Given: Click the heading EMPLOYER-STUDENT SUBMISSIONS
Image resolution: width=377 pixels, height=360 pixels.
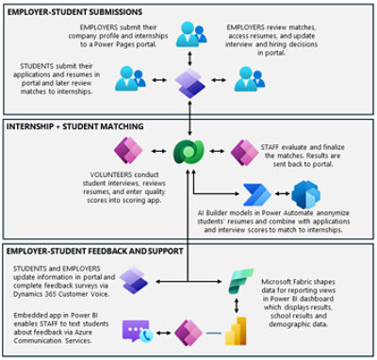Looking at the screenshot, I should (x=74, y=11).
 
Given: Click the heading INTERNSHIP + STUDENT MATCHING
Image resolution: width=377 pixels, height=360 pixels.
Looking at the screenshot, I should (x=75, y=124).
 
